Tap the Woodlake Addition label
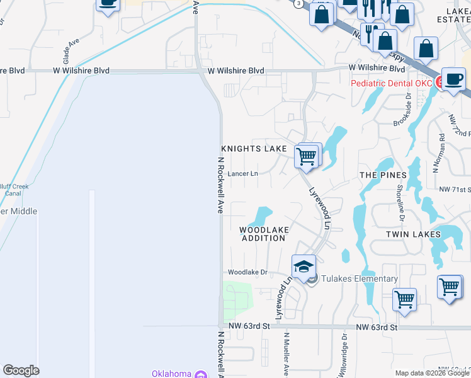tap(263, 234)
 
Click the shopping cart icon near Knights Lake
tap(307, 156)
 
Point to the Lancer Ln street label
tap(243, 173)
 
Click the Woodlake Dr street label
tap(247, 272)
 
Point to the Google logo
tap(21, 370)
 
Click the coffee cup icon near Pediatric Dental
tap(452, 79)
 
